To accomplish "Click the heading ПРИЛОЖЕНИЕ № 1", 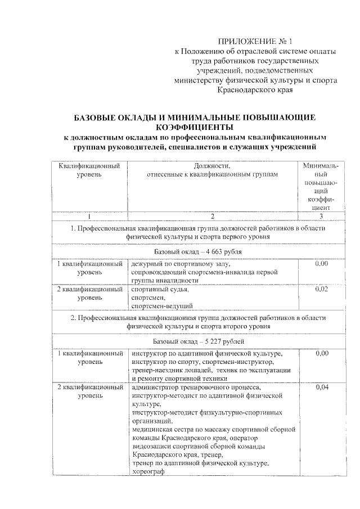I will (x=255, y=42).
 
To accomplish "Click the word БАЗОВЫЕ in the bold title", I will (x=98, y=118).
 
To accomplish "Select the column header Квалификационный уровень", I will (x=90, y=171).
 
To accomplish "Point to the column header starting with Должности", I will (x=212, y=170).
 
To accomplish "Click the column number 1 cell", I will (x=90, y=217).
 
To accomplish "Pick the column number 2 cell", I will (x=212, y=217).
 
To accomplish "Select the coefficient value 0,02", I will (x=321, y=289).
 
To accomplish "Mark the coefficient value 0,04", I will (x=321, y=388).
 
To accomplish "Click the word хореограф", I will (x=148, y=472).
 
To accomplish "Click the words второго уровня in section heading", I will (x=244, y=326).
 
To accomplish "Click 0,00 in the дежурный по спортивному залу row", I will (x=321, y=263).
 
